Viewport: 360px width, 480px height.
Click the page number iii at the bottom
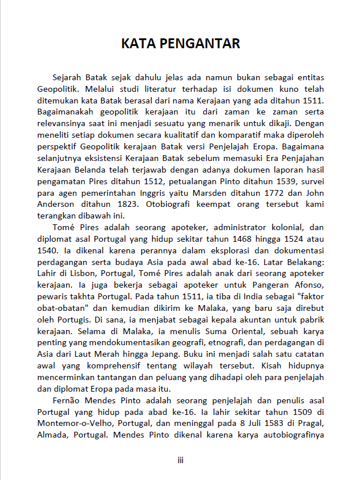point(181,460)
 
